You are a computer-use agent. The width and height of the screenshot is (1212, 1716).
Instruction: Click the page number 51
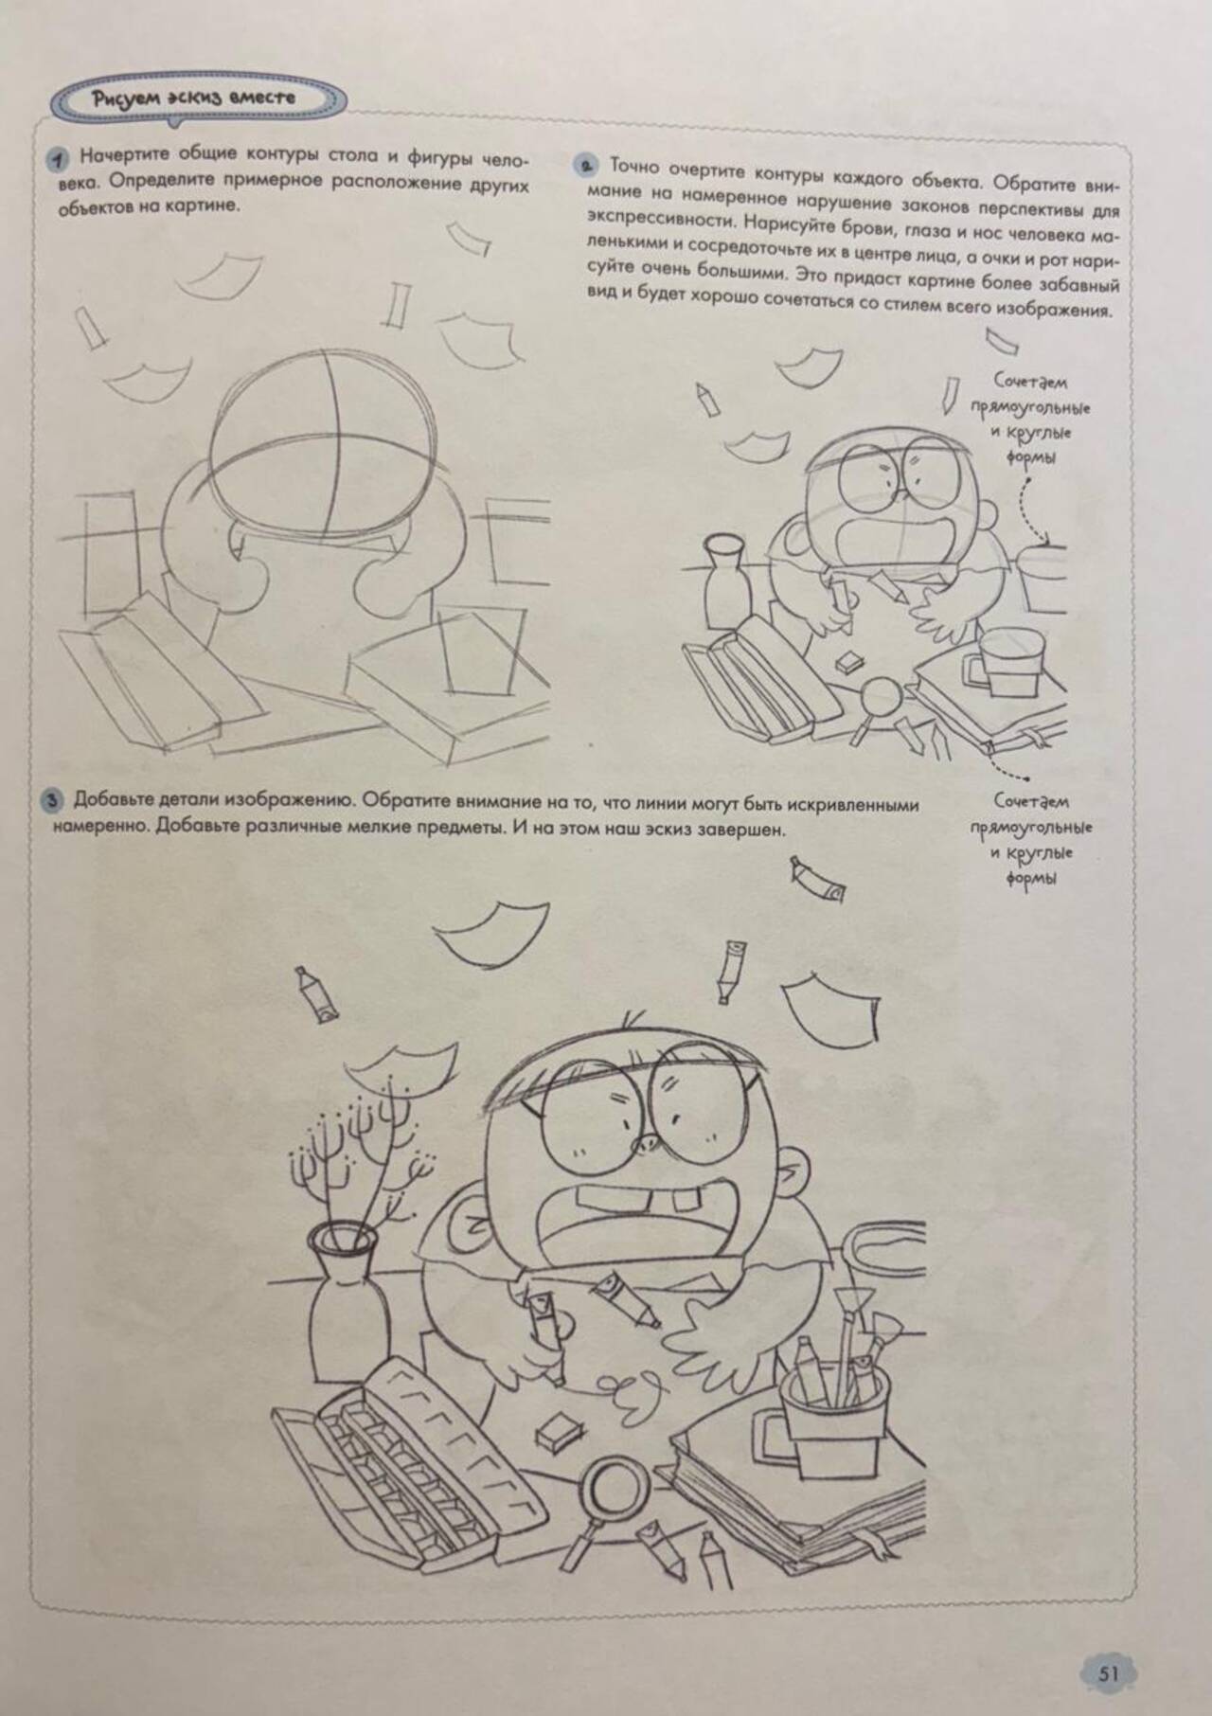point(1109,1647)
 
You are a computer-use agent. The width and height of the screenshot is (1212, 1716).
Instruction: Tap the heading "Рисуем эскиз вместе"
point(194,97)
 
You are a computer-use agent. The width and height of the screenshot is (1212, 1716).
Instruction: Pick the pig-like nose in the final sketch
point(647,1144)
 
